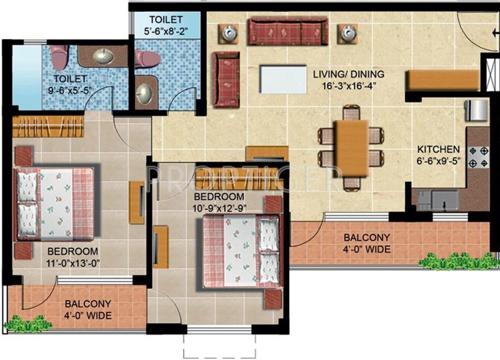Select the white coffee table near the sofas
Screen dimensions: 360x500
point(283,78)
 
